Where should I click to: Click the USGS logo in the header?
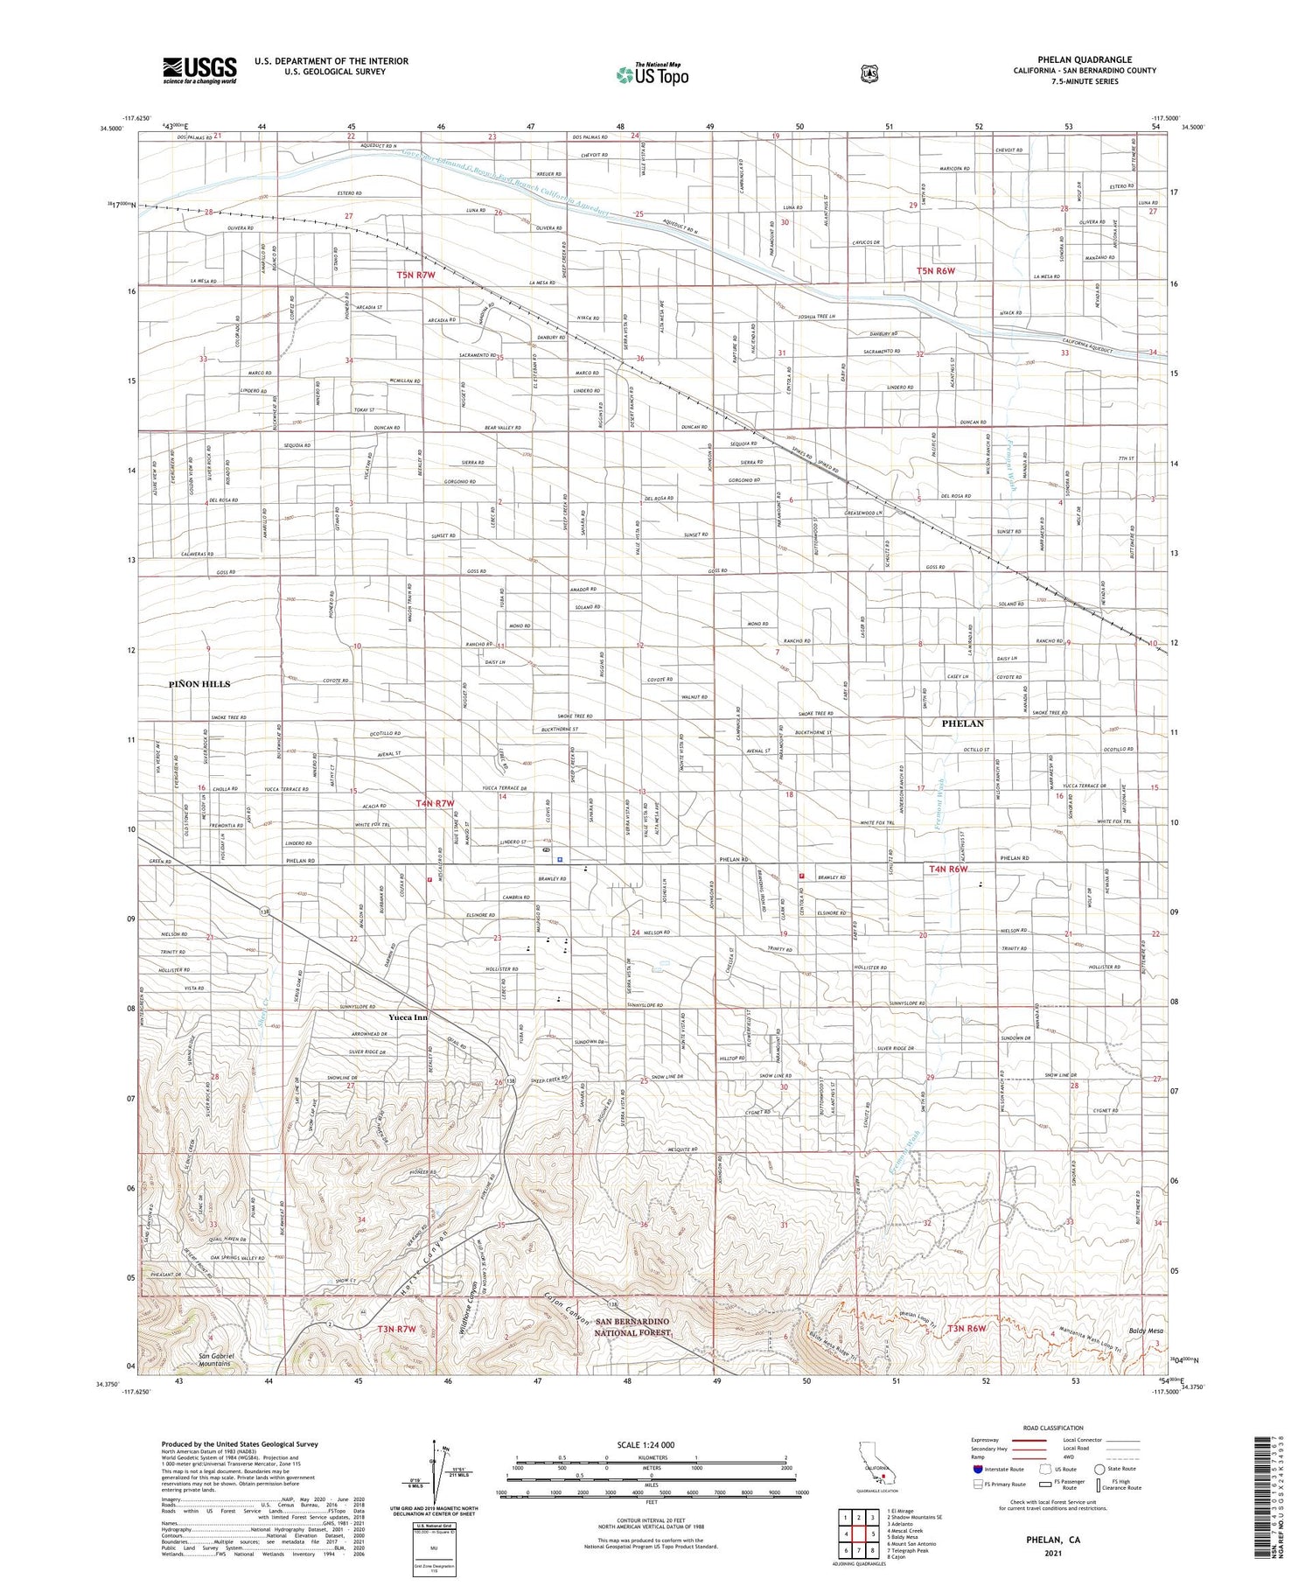(x=199, y=70)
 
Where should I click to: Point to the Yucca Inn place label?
(x=408, y=1017)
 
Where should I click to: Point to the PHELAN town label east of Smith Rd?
(x=962, y=723)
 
